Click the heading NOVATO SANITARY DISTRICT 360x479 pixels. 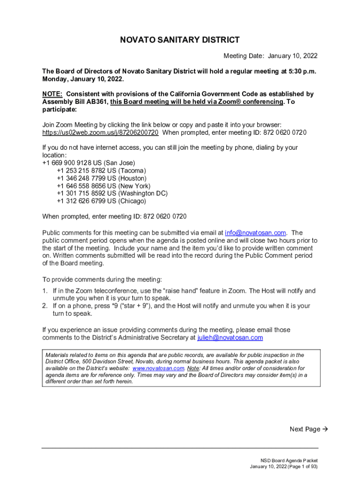click(180, 40)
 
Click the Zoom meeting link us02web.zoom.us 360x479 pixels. click(100, 132)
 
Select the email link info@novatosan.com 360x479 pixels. click(255, 232)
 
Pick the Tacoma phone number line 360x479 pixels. click(101, 171)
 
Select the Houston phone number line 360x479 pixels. click(101, 178)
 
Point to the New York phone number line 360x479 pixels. click(103, 186)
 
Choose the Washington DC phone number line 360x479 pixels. click(112, 193)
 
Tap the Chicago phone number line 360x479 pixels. click(101, 201)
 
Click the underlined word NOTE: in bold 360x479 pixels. click(52, 94)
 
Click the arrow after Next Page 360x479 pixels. click(325, 429)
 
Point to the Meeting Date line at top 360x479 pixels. click(270, 56)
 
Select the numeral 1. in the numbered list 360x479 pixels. click(45, 291)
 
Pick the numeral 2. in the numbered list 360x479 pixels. click(45, 306)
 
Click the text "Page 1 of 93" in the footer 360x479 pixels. click(299, 466)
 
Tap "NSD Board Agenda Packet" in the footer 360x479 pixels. click(289, 460)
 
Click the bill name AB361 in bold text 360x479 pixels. click(97, 102)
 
